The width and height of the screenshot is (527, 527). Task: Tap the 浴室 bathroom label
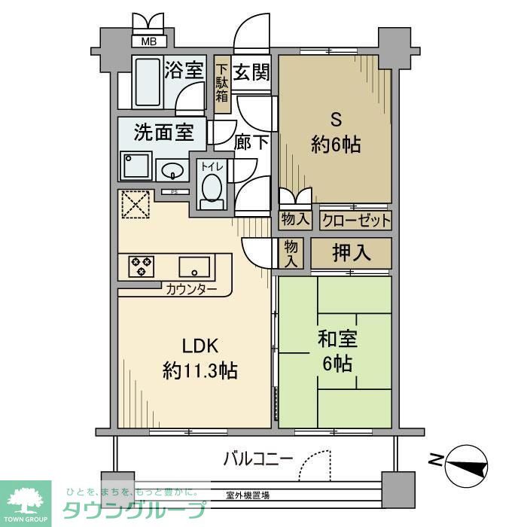pos(185,69)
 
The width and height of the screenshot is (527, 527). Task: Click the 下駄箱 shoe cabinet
pos(222,84)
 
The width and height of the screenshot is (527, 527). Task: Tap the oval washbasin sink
pos(172,169)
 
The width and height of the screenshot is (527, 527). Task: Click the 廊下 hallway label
pos(251,142)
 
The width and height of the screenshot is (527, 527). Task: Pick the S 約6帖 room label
pos(336,132)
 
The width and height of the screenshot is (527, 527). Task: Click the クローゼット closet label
pos(356,220)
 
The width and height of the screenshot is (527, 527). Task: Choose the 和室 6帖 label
pos(336,352)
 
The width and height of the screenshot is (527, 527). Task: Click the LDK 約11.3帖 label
pos(200,358)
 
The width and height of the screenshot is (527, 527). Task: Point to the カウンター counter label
pos(191,289)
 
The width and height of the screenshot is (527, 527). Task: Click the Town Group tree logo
pos(26,500)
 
